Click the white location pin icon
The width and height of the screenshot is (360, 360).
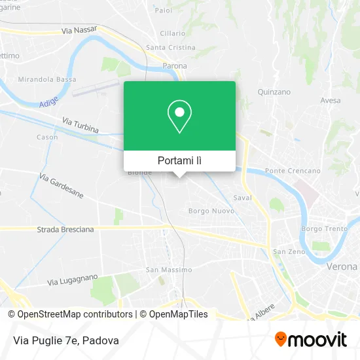(179, 117)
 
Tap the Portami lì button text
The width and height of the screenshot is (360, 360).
(179, 160)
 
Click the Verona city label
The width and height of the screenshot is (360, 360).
(342, 267)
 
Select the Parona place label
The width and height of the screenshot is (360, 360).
(175, 65)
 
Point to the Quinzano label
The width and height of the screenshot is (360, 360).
(274, 92)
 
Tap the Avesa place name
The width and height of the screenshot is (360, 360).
(331, 101)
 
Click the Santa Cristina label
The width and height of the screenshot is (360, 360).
(171, 48)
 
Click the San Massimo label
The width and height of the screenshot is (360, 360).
(169, 270)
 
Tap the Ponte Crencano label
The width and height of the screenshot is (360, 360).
(293, 171)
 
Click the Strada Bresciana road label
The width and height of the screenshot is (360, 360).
(65, 230)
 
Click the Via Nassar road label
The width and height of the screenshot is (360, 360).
(79, 30)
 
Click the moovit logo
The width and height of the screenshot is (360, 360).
(310, 339)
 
